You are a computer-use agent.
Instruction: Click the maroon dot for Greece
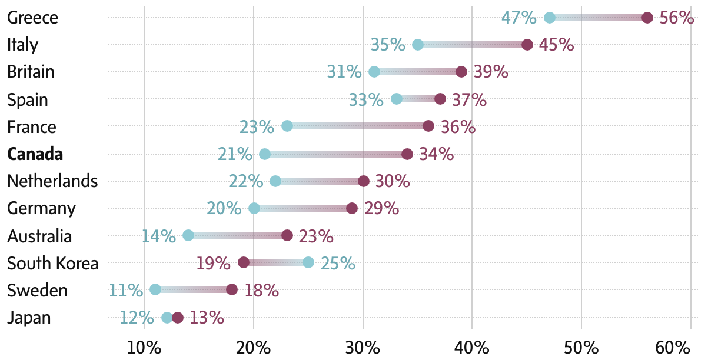[x=647, y=18]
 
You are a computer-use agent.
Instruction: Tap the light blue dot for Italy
[x=418, y=45]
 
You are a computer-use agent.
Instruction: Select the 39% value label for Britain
[x=491, y=72]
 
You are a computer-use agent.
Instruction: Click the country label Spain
[x=27, y=99]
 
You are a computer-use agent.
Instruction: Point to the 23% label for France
[x=257, y=126]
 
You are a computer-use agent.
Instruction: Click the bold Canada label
[x=35, y=154]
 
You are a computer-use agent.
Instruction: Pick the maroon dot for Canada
[x=407, y=154]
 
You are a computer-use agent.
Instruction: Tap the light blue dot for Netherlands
[x=275, y=181]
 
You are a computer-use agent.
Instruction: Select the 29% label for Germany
[x=381, y=208]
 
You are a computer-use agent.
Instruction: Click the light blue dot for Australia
[x=188, y=235]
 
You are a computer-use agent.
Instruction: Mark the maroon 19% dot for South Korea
[x=244, y=262]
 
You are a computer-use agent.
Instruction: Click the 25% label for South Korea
[x=338, y=263]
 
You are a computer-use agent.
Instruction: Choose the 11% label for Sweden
[x=126, y=290]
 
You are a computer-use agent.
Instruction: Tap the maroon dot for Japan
[x=178, y=318]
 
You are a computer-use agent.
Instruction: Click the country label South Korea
[x=52, y=263]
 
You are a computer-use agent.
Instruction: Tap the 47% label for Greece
[x=518, y=18]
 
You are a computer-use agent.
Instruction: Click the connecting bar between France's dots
[x=358, y=126]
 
